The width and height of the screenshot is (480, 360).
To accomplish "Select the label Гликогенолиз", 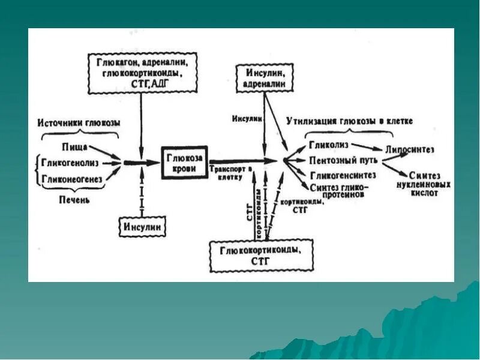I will click(71, 162).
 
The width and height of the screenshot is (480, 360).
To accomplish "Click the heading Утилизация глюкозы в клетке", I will click(349, 121).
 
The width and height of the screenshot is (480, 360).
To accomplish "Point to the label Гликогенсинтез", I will click(342, 175).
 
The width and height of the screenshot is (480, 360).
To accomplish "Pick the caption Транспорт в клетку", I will click(226, 174).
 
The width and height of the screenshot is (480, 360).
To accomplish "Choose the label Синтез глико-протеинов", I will click(338, 191).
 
